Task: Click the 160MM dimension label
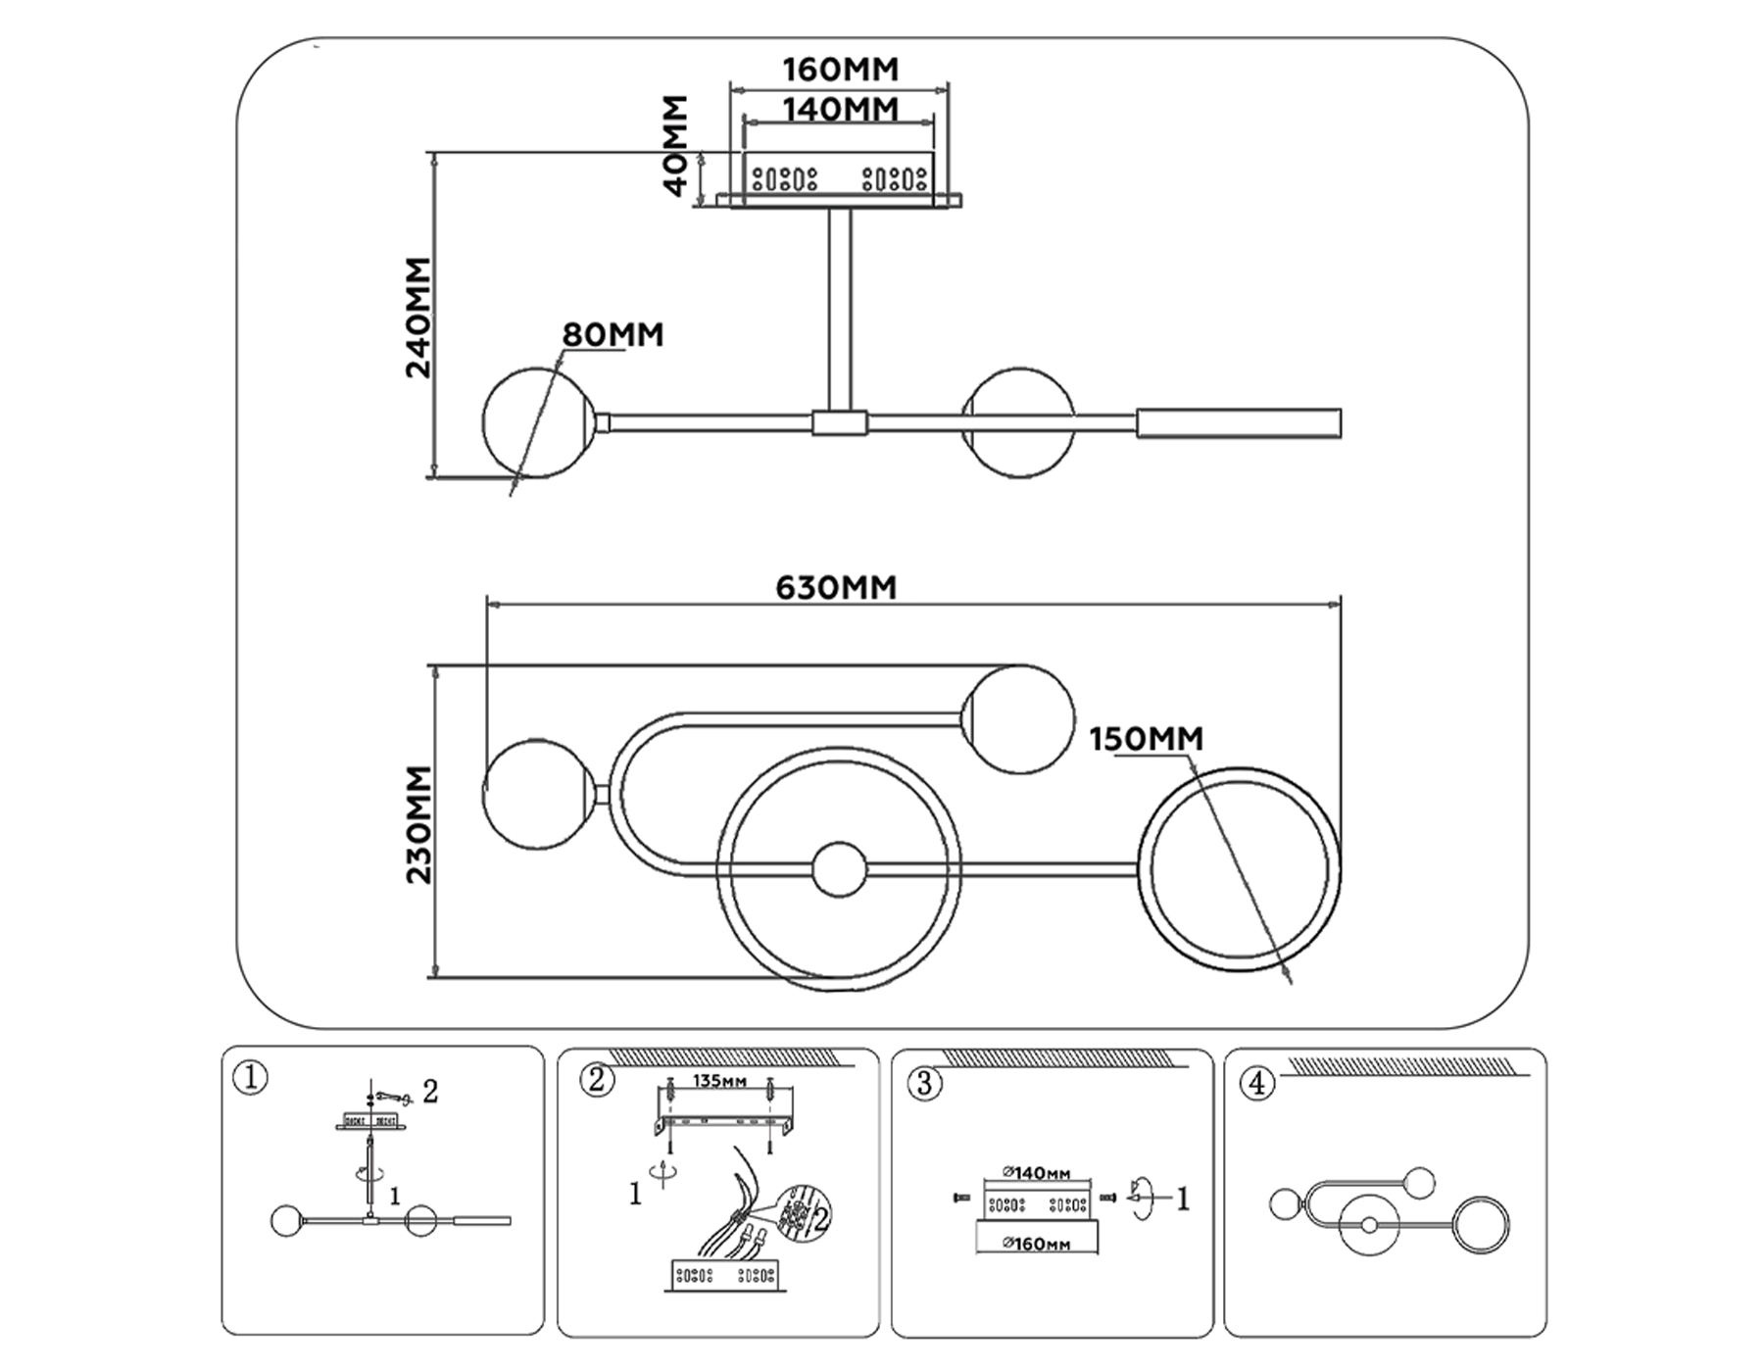coord(840,70)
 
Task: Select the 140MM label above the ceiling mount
coord(840,109)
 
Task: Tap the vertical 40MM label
coord(676,145)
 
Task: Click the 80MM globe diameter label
coord(612,335)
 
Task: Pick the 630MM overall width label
coord(836,587)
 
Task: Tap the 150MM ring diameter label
coord(1146,739)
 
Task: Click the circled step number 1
coord(251,1079)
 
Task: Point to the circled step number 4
coord(1257,1084)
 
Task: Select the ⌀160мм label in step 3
coord(1036,1245)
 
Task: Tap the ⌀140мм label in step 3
coord(1036,1173)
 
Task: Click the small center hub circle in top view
coord(840,869)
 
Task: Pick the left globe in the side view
coord(536,422)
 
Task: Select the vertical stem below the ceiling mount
coord(840,310)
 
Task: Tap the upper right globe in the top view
coord(1019,719)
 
